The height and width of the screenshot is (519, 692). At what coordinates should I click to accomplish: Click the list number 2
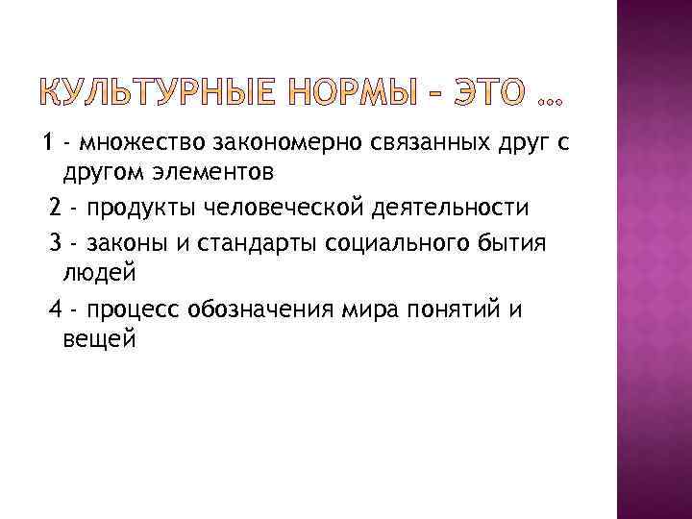pos(55,208)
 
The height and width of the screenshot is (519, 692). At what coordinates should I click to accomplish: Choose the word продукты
pos(132,209)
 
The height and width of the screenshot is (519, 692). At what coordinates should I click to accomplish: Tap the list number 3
pos(55,242)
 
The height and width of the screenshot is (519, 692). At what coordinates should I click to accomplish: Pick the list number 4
pos(55,309)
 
